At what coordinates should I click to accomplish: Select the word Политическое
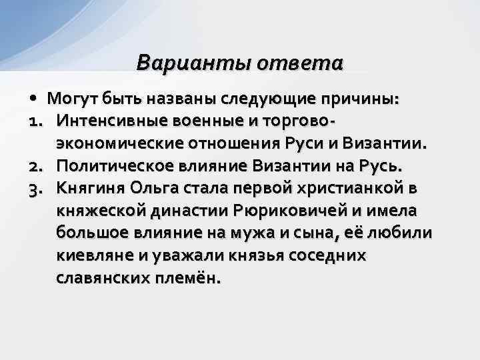coord(113,165)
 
